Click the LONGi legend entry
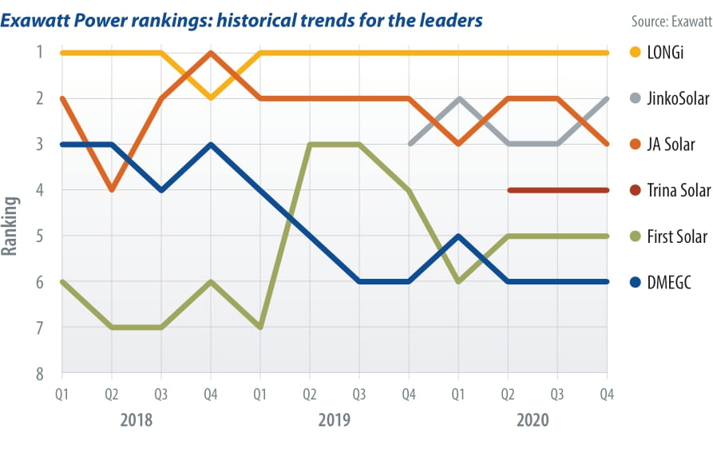660,53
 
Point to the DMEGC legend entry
663,282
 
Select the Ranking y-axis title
10,226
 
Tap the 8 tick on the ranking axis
38,374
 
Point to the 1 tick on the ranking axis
38,53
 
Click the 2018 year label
136,419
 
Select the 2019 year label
334,419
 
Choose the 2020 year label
532,419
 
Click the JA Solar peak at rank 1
211,54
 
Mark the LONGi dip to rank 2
211,98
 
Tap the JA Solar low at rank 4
112,190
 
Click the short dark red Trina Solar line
557,190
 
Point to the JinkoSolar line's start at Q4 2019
409,144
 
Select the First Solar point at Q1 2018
62,281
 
